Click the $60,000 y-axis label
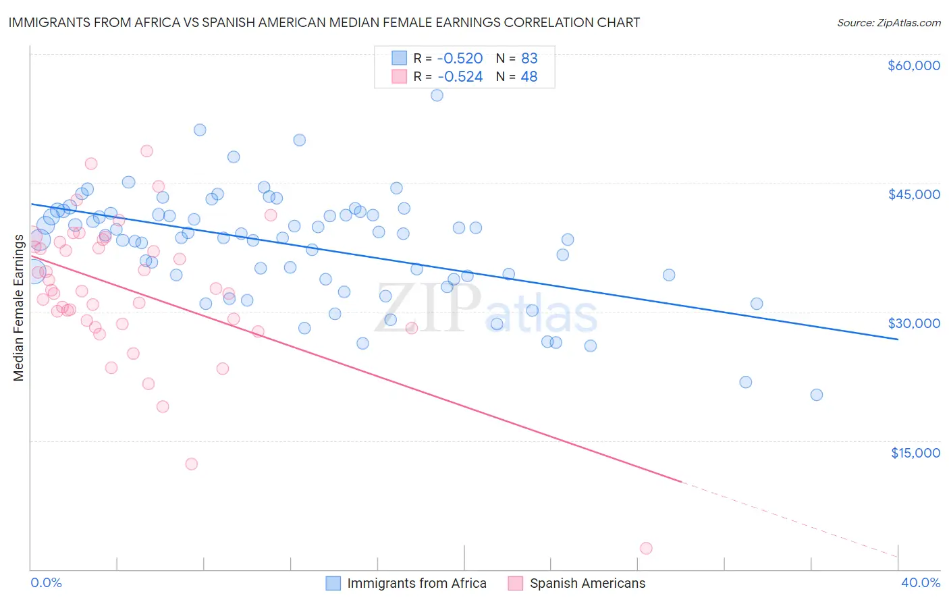pyautogui.click(x=913, y=65)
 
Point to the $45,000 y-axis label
pyautogui.click(x=913, y=194)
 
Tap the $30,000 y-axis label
pyautogui.click(x=913, y=323)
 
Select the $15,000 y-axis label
pyautogui.click(x=915, y=453)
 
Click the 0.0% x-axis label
pyautogui.click(x=46, y=582)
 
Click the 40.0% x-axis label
pyautogui.click(x=920, y=582)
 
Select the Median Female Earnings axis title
pyautogui.click(x=19, y=308)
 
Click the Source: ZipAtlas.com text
pyautogui.click(x=888, y=23)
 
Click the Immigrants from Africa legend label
pyautogui.click(x=416, y=583)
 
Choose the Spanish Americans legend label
pyautogui.click(x=587, y=583)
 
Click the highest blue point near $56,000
pyautogui.click(x=437, y=95)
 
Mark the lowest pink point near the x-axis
pyautogui.click(x=646, y=548)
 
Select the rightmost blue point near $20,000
pyautogui.click(x=816, y=395)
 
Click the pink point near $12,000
pyautogui.click(x=191, y=464)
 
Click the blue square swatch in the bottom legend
pyautogui.click(x=333, y=583)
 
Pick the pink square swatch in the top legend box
pyautogui.click(x=399, y=77)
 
